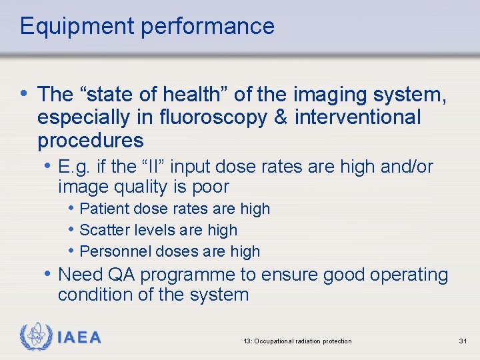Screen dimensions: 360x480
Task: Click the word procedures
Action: [x=91, y=141]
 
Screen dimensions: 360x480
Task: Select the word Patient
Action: [x=104, y=209]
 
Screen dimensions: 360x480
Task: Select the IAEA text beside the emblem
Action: [x=79, y=338]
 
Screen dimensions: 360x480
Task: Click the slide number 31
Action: [x=463, y=341]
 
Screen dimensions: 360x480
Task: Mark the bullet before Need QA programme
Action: [x=49, y=274]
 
